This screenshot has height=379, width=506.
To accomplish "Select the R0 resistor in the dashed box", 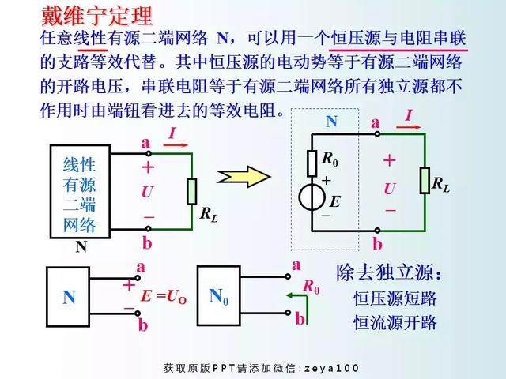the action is pyautogui.click(x=312, y=162).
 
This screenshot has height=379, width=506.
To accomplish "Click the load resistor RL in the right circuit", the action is pyautogui.click(x=425, y=181).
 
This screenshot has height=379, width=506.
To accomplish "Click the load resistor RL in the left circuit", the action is pyautogui.click(x=191, y=191).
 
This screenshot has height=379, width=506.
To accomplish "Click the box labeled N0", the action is pyautogui.click(x=219, y=297).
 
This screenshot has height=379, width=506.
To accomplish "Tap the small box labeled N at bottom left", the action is pyautogui.click(x=70, y=297).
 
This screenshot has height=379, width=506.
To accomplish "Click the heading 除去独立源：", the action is pyautogui.click(x=389, y=273).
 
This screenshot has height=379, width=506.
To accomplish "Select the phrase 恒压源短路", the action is pyautogui.click(x=395, y=298).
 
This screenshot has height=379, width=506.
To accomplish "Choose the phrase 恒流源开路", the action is pyautogui.click(x=395, y=322).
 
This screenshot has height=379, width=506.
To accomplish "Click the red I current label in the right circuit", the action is pyautogui.click(x=409, y=117).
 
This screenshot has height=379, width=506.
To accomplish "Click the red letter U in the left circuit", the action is pyautogui.click(x=147, y=192).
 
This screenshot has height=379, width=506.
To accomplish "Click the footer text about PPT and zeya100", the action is pyautogui.click(x=261, y=368).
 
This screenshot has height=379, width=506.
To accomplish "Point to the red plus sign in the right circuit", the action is pyautogui.click(x=389, y=160).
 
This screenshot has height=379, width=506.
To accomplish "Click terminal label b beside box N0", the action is pyautogui.click(x=300, y=319).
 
